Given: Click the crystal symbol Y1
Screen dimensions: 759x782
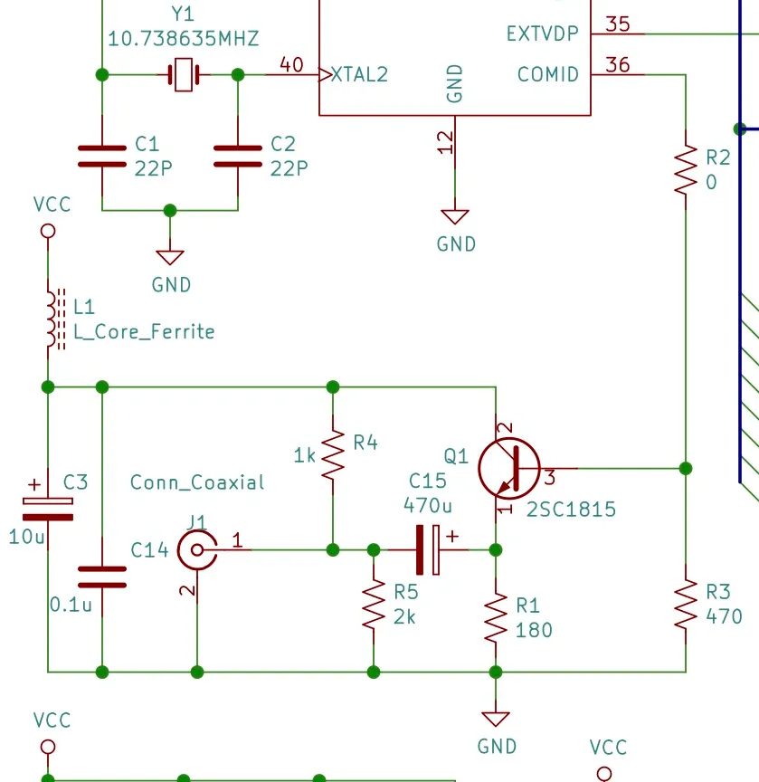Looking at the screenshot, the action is [x=184, y=75].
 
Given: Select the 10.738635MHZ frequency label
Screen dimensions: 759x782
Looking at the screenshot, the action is [x=184, y=39].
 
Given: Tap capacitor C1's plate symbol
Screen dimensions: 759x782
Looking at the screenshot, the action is [x=102, y=156].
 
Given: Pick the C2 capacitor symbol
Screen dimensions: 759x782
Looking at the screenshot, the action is [x=238, y=156].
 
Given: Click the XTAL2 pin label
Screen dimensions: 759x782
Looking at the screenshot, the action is [x=359, y=75].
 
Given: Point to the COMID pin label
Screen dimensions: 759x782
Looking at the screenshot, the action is [x=548, y=75].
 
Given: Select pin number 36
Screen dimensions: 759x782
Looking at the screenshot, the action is [x=618, y=65].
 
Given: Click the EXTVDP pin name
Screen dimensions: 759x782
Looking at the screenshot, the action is [x=543, y=33].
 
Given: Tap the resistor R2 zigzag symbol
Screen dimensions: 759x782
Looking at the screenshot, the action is [x=686, y=169].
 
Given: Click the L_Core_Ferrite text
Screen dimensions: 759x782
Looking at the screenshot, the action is [x=144, y=331].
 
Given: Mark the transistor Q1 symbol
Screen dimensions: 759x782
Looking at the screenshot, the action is [x=509, y=469].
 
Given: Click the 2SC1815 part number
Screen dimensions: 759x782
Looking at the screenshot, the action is [x=571, y=510].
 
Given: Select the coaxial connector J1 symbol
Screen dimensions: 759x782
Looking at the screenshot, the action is [x=197, y=549].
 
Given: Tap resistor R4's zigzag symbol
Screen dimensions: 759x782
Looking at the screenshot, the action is [x=333, y=455].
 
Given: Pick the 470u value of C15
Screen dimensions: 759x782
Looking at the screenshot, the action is [x=428, y=506].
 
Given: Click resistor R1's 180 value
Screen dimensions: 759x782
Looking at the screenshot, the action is [x=534, y=630].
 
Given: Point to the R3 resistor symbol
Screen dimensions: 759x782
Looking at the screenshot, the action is [x=686, y=605].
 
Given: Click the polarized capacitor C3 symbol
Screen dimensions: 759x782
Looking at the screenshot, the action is [x=48, y=509].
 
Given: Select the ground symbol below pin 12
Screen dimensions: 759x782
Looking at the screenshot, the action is [x=455, y=217].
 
